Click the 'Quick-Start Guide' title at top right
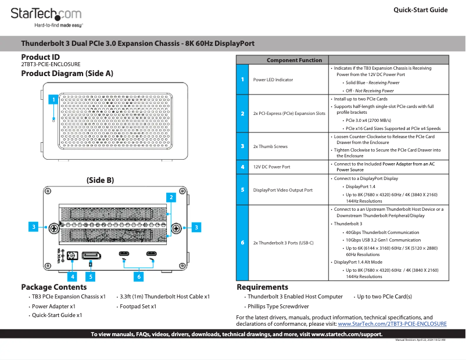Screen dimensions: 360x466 pyautogui.click(x=420, y=10)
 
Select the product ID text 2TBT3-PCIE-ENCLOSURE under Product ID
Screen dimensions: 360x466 pyautogui.click(x=51, y=64)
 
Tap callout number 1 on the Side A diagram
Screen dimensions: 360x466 pyautogui.click(x=53, y=100)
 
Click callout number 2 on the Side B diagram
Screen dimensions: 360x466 pyautogui.click(x=171, y=197)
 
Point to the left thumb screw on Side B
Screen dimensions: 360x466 pyautogui.click(x=53, y=226)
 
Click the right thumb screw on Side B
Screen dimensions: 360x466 pyautogui.click(x=177, y=226)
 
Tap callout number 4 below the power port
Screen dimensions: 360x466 pyautogui.click(x=72, y=277)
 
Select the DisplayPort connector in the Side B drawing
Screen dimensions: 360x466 pyautogui.click(x=91, y=255)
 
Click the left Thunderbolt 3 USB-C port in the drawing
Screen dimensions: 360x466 pyautogui.click(x=124, y=254)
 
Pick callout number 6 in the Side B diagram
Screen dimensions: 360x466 pyautogui.click(x=139, y=277)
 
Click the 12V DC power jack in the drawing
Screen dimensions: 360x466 pyautogui.click(x=73, y=255)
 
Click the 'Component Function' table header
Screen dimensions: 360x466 pyautogui.click(x=294, y=60)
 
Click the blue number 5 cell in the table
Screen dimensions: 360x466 pyautogui.click(x=242, y=190)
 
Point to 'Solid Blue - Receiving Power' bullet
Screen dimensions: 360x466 pyautogui.click(x=372, y=82)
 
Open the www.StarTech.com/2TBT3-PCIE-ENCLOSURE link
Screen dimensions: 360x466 pyautogui.click(x=392, y=324)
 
